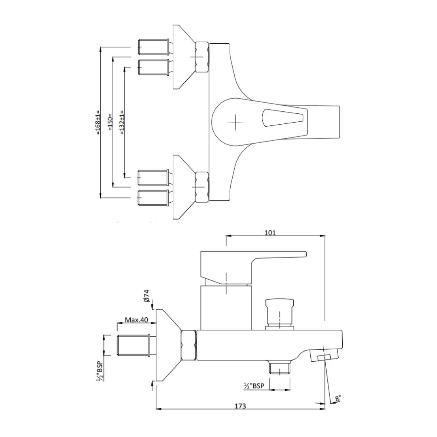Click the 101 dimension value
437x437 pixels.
(270, 232)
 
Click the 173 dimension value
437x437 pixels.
(240, 406)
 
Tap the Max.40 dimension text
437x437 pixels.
(136, 320)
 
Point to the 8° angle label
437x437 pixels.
(338, 399)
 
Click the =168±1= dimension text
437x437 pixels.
(97, 123)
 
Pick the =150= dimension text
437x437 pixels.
(110, 123)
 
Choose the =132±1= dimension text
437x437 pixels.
(122, 123)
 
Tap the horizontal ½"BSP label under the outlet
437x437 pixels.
(254, 386)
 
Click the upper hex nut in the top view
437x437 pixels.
(201, 57)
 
